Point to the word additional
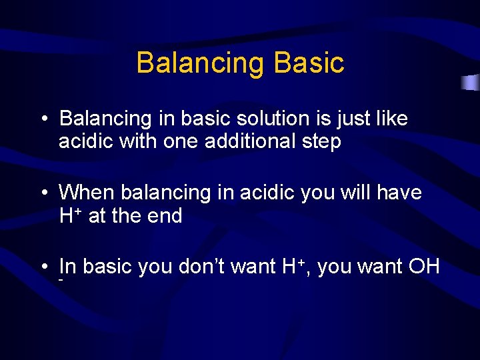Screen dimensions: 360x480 pos(238,142)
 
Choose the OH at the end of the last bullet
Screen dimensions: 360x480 pos(424,267)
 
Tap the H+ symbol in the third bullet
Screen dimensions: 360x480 pos(293,266)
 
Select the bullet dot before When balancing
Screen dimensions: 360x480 pos(42,193)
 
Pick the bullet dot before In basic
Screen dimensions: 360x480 pos(42,267)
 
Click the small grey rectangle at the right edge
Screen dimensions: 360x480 pos(471,83)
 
